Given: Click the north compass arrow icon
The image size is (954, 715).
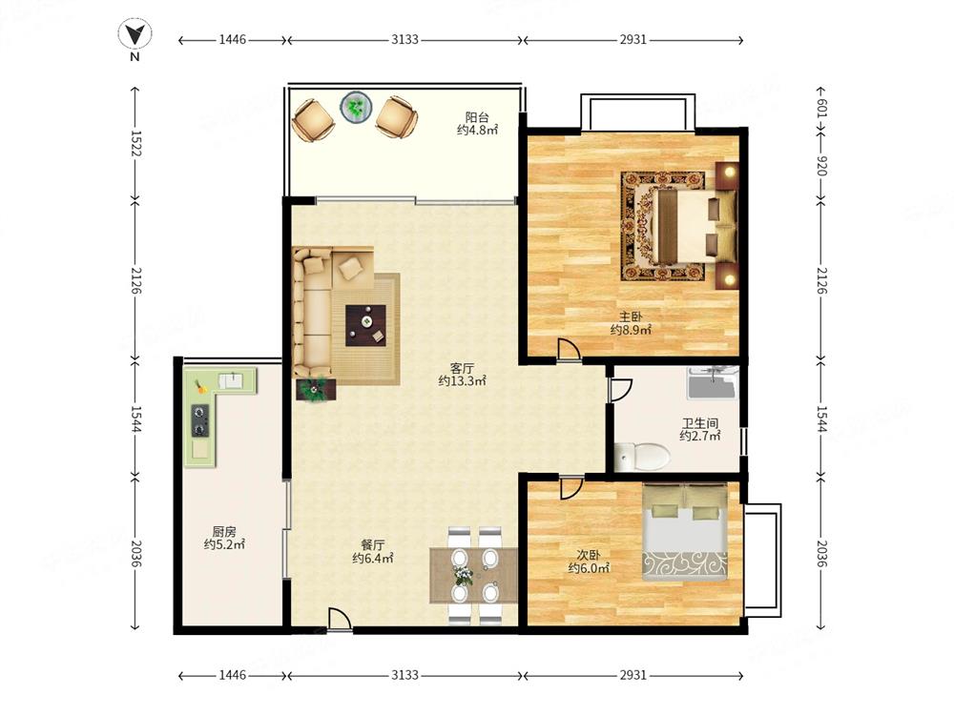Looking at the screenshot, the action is pyautogui.click(x=135, y=34).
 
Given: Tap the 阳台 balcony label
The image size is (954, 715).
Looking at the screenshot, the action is pyautogui.click(x=477, y=116).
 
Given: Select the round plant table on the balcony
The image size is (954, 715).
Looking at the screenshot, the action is pyautogui.click(x=356, y=108).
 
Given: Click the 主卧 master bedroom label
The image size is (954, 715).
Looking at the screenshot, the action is pyautogui.click(x=631, y=317).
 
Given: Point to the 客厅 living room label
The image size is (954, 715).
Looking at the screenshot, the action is pyautogui.click(x=462, y=368).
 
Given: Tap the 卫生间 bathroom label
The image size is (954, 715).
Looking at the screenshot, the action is pyautogui.click(x=699, y=423).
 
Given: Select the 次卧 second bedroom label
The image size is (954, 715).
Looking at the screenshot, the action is pyautogui.click(x=589, y=555).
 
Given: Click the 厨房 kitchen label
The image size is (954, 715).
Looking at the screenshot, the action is pyautogui.click(x=224, y=531).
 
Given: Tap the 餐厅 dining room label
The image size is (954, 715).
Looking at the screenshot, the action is pyautogui.click(x=372, y=544).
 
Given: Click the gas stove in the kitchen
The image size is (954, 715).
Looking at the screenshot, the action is pyautogui.click(x=200, y=420).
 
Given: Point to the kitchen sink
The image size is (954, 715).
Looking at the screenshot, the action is pyautogui.click(x=231, y=381).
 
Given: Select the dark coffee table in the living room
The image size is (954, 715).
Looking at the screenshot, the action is pyautogui.click(x=365, y=325).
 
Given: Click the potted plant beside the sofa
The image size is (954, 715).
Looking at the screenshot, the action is pyautogui.click(x=315, y=389).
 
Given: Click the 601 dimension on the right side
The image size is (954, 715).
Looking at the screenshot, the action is pyautogui.click(x=821, y=110).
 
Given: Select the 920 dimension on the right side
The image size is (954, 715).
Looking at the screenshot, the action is pyautogui.click(x=821, y=165).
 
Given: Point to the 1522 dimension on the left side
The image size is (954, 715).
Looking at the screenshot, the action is pyautogui.click(x=135, y=144).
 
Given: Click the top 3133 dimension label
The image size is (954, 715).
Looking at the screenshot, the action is pyautogui.click(x=404, y=39).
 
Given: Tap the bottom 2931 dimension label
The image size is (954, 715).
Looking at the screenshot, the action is pyautogui.click(x=633, y=675).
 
